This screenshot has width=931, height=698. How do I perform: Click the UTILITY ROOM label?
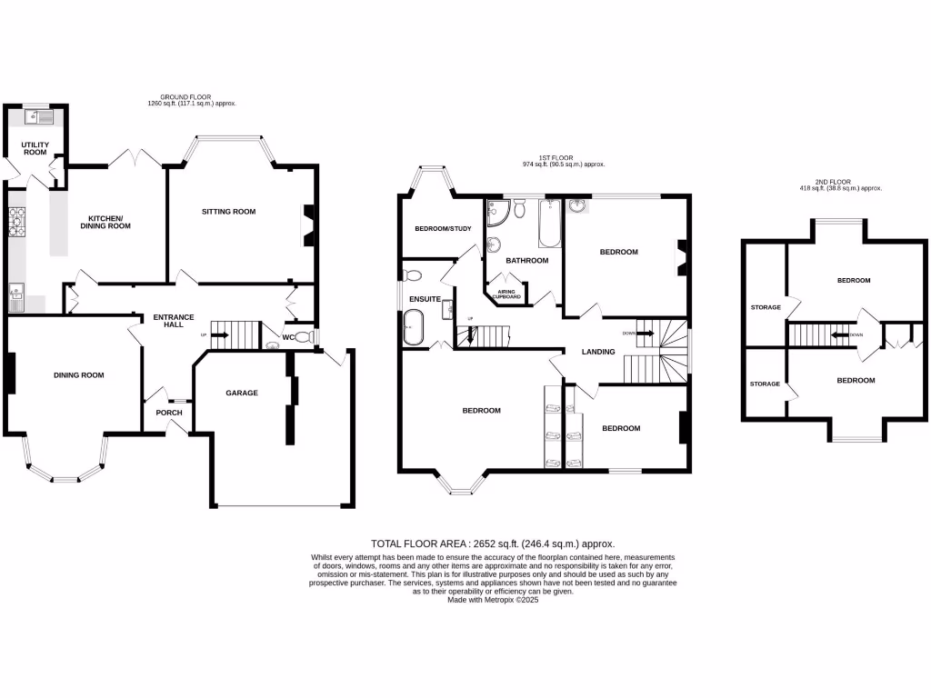tap(35, 148)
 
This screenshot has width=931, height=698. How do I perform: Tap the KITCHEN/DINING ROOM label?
tap(109, 222)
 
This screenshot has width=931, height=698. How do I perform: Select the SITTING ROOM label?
tap(228, 212)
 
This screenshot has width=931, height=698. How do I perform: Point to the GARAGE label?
tap(242, 394)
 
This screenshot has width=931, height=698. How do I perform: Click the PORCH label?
tap(169, 413)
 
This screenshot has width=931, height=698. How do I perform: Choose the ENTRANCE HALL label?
tap(173, 321)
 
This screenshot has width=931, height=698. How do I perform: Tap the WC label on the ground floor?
tap(288, 338)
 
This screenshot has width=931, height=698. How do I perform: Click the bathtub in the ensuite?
tap(414, 327)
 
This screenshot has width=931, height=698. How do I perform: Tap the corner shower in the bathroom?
tap(497, 213)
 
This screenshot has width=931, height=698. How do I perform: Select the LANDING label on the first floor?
tap(598, 352)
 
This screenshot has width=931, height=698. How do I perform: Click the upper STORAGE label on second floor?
tap(766, 307)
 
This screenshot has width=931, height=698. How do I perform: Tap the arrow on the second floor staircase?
tap(836, 334)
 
